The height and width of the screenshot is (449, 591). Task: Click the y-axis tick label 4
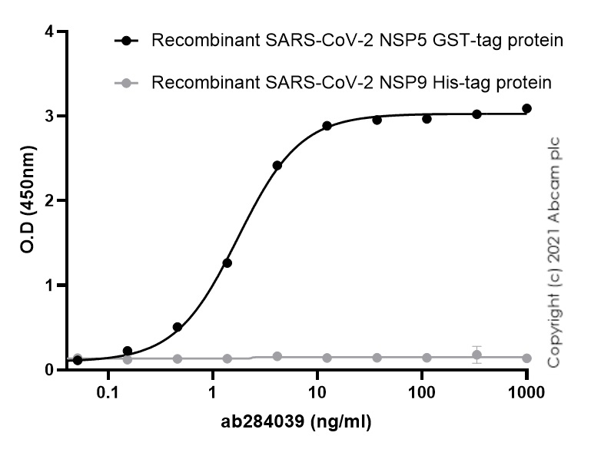click(x=50, y=31)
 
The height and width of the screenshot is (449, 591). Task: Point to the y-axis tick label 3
click(x=50, y=116)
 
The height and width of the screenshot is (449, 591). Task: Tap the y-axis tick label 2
click(x=50, y=200)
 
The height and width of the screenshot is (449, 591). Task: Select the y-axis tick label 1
click(x=50, y=286)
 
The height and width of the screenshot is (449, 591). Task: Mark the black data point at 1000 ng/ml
click(x=526, y=109)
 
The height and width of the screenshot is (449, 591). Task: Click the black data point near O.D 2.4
click(x=277, y=166)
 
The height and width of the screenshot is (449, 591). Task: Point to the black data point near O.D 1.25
click(x=227, y=263)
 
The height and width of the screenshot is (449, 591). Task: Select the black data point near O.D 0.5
click(x=178, y=327)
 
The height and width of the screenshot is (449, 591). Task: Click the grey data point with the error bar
click(x=477, y=355)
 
